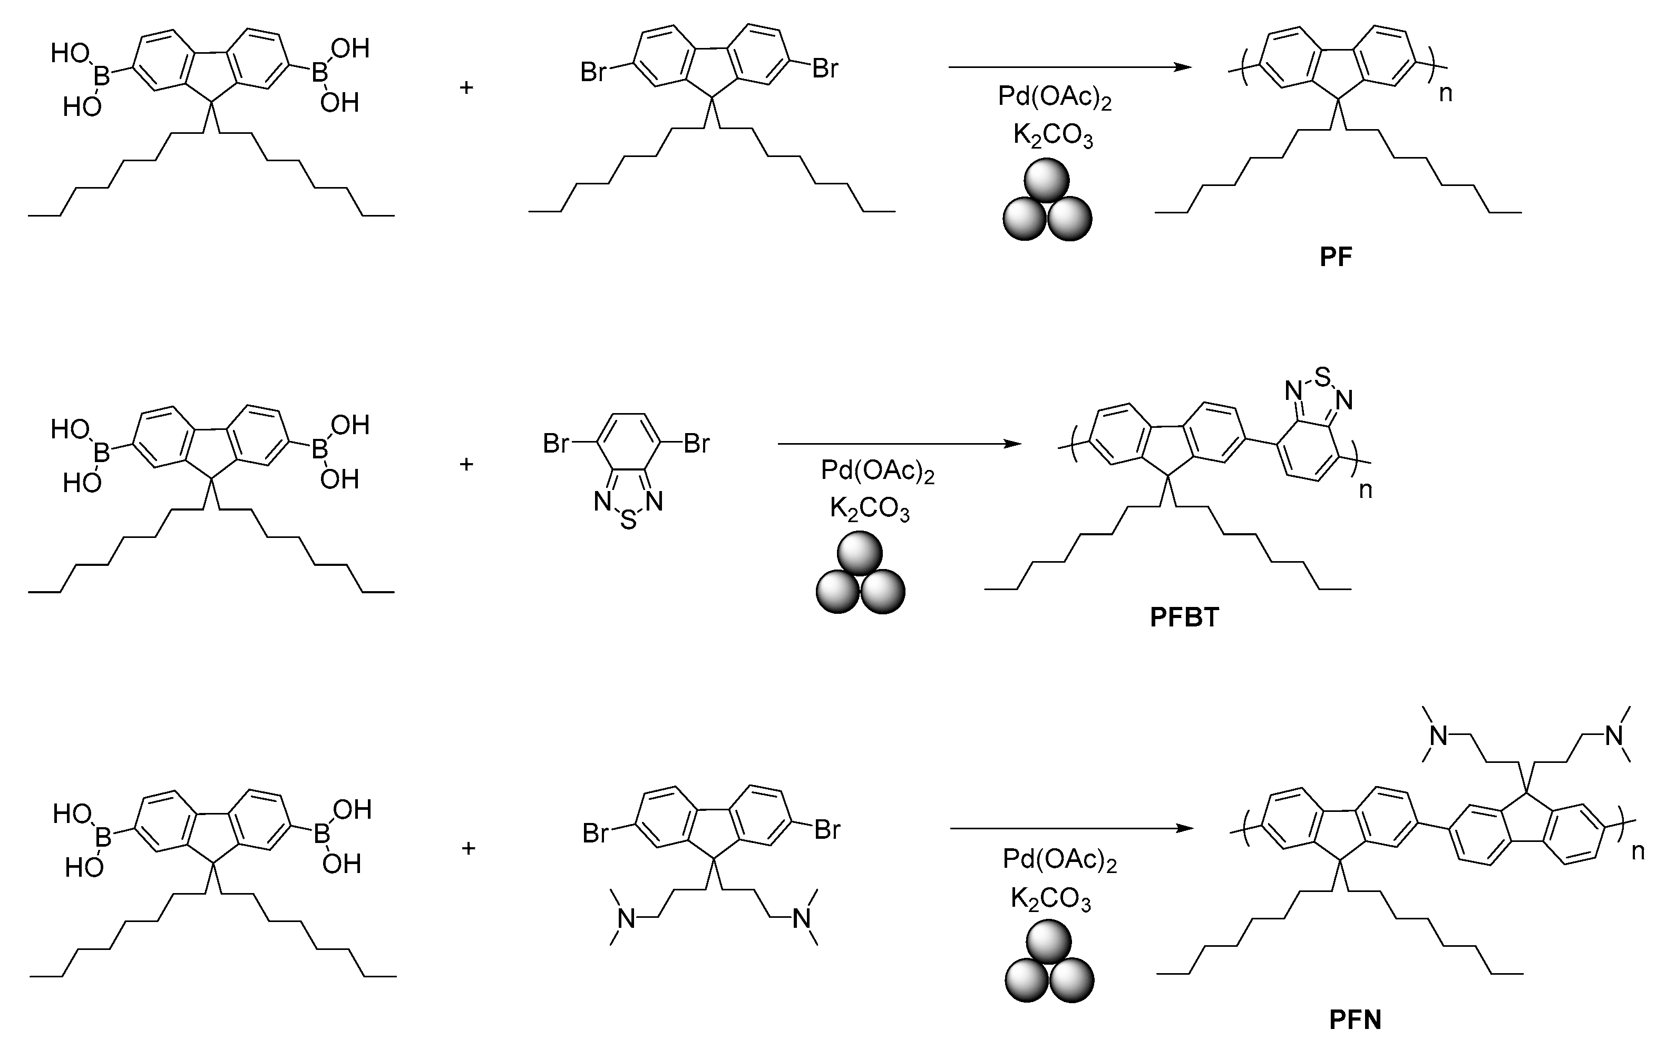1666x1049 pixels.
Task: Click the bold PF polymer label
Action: click(1336, 257)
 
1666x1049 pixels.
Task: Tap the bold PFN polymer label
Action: click(1355, 1020)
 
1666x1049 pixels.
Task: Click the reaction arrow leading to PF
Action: click(1069, 67)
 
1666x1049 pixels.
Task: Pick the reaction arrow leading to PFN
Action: click(1071, 828)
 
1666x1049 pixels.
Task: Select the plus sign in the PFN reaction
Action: click(469, 848)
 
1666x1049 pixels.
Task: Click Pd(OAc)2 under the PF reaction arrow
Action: click(1055, 97)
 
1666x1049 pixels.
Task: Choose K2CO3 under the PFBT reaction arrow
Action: click(869, 511)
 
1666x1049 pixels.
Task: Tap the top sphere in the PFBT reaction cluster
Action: click(860, 553)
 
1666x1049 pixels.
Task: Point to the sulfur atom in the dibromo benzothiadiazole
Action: click(628, 520)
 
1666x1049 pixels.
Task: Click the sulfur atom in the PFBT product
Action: click(1322, 377)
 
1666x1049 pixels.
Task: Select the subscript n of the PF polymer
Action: click(1445, 93)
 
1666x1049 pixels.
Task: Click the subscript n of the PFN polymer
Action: click(1638, 852)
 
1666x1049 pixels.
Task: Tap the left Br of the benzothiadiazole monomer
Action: click(556, 443)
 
